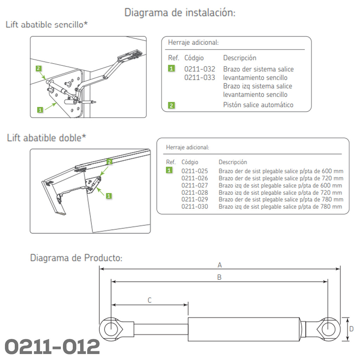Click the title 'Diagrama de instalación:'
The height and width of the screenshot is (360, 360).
pos(180,12)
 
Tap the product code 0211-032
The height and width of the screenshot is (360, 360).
pos(200,69)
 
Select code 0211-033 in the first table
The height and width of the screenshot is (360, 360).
pos(200,77)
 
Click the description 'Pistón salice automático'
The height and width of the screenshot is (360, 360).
pos(258,105)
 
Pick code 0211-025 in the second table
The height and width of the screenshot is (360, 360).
pos(194,171)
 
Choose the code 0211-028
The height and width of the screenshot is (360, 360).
pos(194,192)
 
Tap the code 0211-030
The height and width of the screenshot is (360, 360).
pos(194,207)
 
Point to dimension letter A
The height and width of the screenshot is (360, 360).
pos(220,265)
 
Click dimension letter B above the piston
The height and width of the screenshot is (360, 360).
pos(219,277)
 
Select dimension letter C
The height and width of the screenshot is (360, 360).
pos(149,300)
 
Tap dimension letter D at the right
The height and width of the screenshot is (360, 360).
pos(351,329)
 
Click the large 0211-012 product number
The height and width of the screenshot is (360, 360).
pos(52,347)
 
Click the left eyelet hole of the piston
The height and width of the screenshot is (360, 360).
pos(111,329)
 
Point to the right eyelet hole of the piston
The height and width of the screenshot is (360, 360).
pos(328,329)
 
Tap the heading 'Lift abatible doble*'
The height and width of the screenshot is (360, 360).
pos(46,138)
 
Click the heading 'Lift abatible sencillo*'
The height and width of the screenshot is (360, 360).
pos(47,24)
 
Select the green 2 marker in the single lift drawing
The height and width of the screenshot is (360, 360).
pos(38,68)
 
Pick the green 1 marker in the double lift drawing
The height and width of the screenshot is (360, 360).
pos(109,196)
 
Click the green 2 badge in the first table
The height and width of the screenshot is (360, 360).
pos(171,105)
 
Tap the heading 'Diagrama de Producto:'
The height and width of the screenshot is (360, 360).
pos(76,258)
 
